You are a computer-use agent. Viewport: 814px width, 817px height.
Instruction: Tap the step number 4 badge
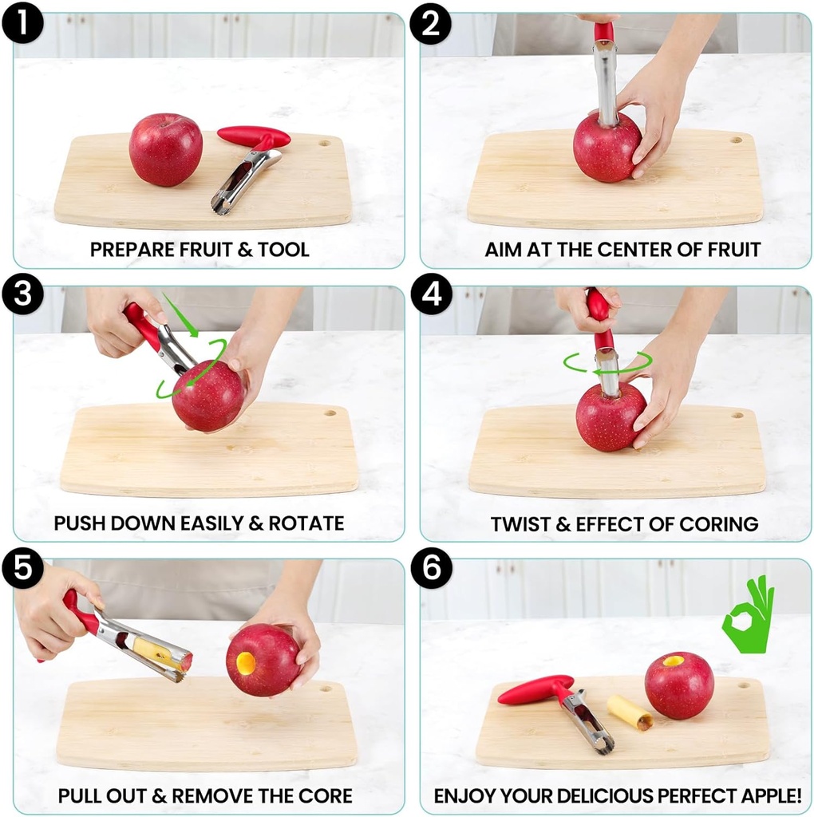431,296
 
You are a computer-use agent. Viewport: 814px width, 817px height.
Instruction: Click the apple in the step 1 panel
165,149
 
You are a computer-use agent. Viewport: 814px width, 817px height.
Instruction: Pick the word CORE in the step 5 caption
328,796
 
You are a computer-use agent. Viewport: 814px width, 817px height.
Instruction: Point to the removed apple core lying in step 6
630,712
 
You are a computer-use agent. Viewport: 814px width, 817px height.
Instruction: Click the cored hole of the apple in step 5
246,661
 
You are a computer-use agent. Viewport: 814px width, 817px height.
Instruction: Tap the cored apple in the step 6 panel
678,685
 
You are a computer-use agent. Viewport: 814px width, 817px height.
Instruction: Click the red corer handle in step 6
535,689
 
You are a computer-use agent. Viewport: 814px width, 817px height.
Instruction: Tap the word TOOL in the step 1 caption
283,250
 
